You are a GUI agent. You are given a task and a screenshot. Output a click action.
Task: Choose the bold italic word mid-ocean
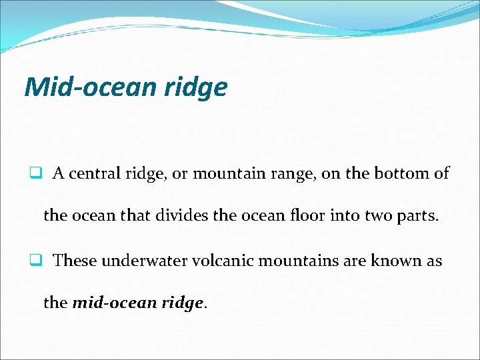pyautogui.click(x=114, y=303)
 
